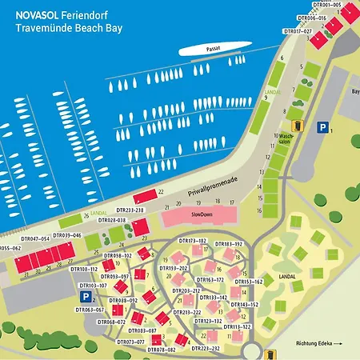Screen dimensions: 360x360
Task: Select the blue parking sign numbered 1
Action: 322,127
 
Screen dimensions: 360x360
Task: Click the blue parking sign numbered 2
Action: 84,296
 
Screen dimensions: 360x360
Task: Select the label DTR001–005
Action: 323,5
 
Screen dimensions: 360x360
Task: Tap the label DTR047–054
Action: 35,238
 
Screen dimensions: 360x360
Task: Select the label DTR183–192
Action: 227,243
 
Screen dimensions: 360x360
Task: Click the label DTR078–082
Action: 162,350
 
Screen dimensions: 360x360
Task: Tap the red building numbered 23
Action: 142,228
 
